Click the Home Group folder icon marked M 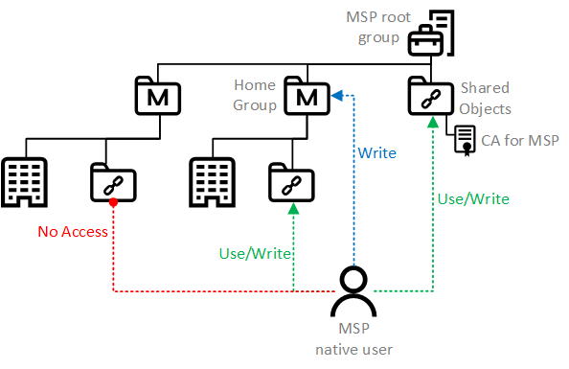307,94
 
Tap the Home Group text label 255,94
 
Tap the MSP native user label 353,339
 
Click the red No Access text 74,231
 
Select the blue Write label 376,152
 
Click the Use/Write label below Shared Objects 472,198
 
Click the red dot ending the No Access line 113,202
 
